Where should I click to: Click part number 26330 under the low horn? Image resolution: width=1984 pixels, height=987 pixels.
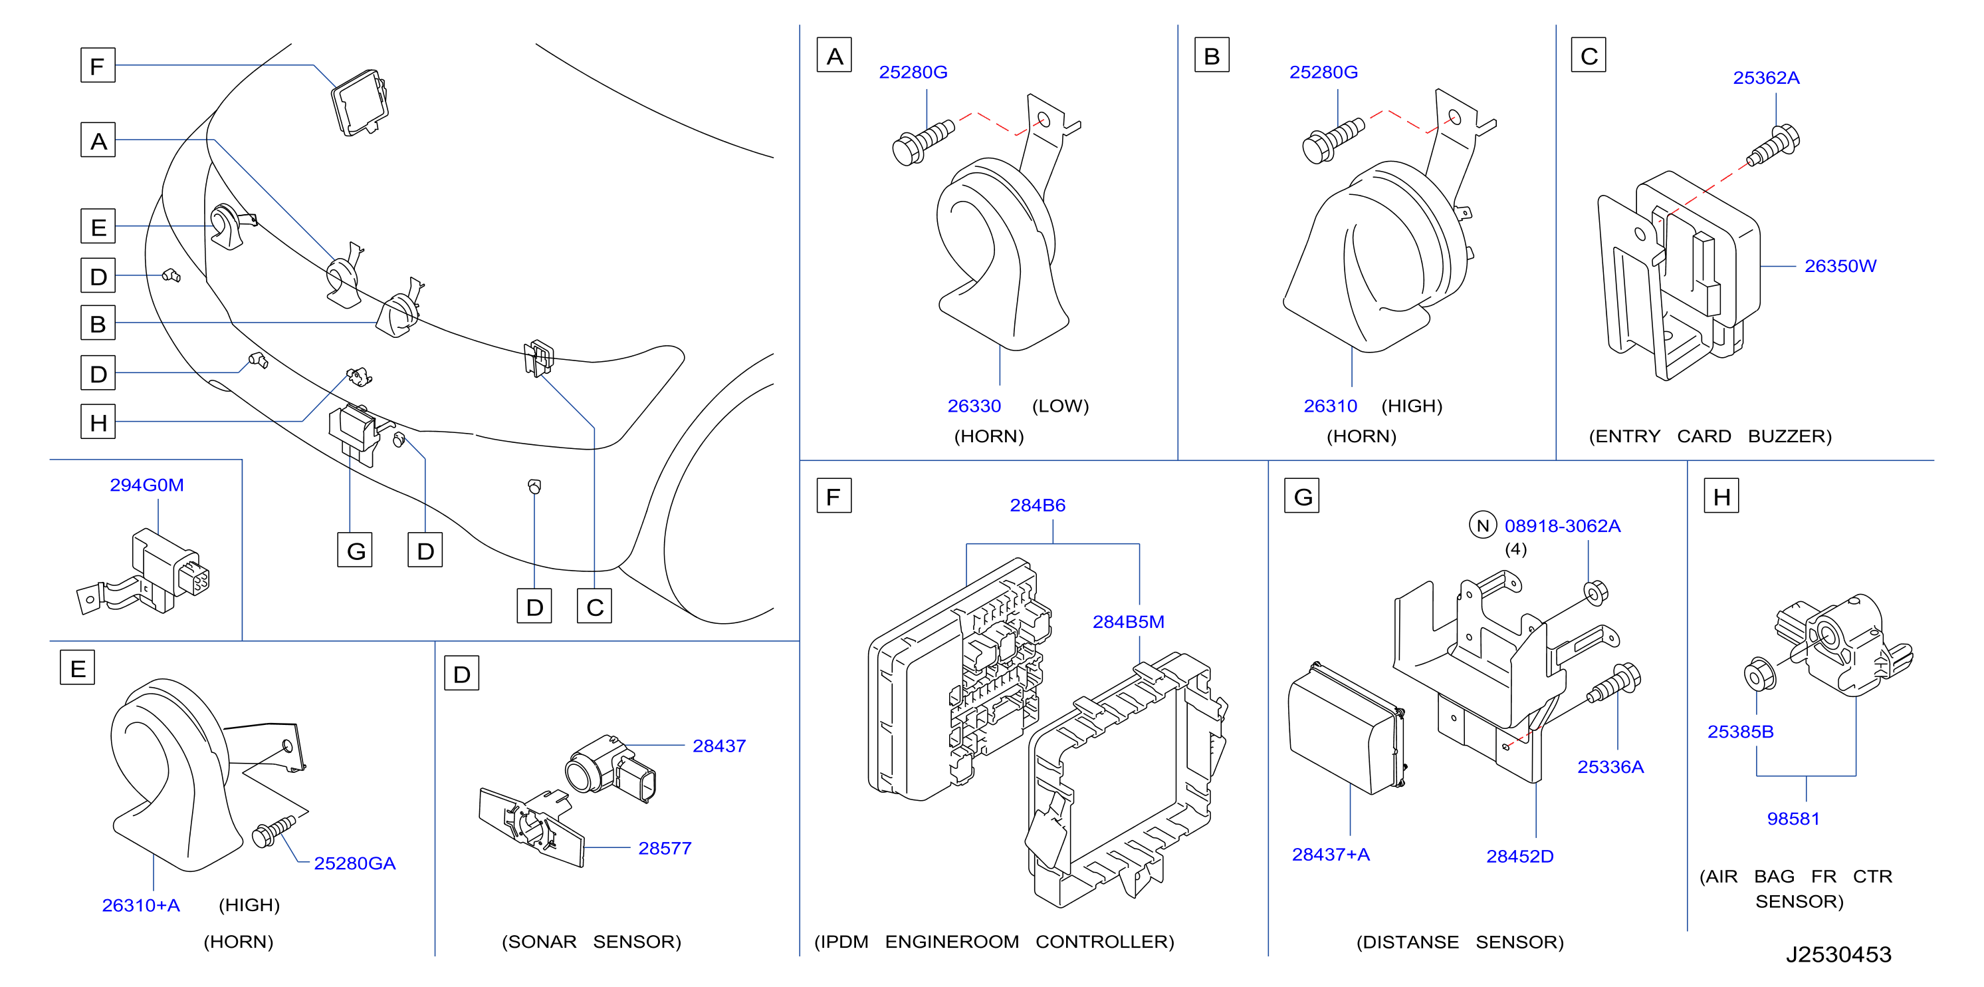[974, 406]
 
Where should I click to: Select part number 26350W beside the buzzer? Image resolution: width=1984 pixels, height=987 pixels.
[1840, 266]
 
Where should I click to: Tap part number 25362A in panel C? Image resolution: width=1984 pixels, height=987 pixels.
[1766, 78]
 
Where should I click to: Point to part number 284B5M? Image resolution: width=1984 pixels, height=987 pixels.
[1129, 622]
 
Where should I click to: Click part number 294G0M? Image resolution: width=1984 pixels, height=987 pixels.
[146, 485]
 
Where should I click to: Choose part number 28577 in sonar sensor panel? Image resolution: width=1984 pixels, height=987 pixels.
[665, 848]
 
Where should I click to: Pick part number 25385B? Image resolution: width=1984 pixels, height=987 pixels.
[1741, 731]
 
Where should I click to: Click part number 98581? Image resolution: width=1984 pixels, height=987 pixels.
[1793, 818]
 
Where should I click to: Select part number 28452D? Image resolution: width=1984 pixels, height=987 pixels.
[1519, 856]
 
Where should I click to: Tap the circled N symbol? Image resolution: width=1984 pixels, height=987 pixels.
[1483, 525]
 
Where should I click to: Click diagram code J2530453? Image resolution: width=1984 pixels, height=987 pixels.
[1838, 954]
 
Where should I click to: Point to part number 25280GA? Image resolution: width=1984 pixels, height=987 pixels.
[354, 863]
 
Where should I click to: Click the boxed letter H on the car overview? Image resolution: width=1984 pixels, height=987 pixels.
[98, 422]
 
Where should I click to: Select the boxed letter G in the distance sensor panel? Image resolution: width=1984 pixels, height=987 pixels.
[1302, 496]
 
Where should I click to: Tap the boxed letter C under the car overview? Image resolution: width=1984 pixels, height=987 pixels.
[595, 607]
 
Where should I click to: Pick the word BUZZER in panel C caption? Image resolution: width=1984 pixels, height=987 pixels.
[1789, 436]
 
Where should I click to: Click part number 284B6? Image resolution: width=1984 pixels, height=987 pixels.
[1038, 505]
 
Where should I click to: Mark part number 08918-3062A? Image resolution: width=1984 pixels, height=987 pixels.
[1562, 526]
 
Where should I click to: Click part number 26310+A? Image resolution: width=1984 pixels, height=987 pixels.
[141, 905]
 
